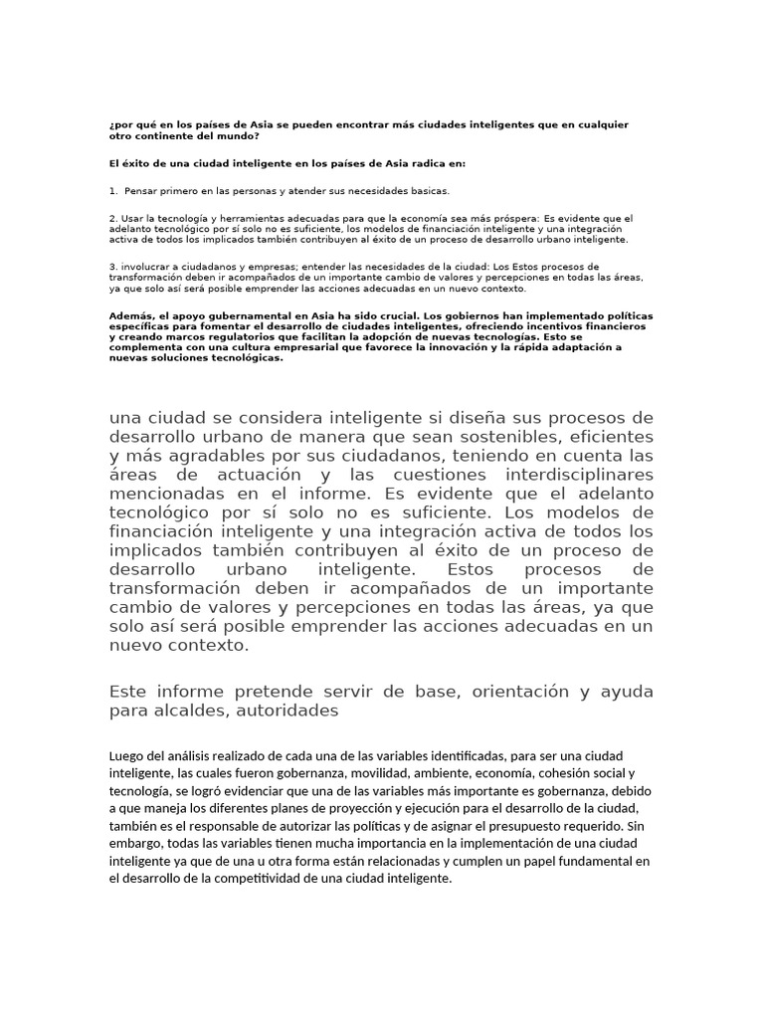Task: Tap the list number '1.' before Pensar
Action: [113, 190]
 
